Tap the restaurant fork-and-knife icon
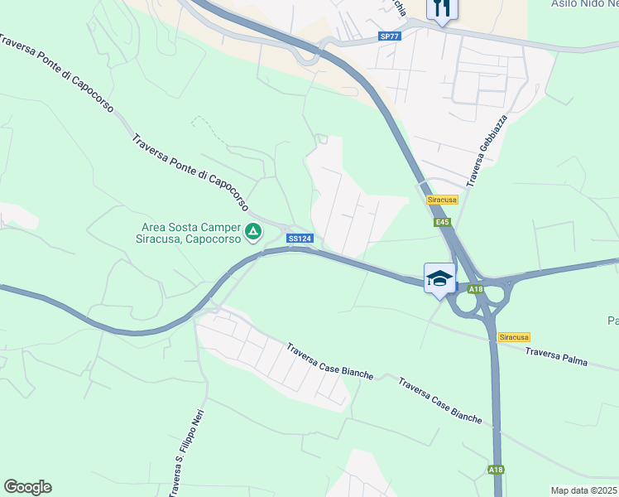(x=441, y=9)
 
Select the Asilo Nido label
(x=584, y=4)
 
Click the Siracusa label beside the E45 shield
(x=443, y=200)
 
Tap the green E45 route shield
(x=442, y=222)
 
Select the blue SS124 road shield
(x=299, y=239)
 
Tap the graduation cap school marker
(x=439, y=278)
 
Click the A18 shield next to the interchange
(x=475, y=289)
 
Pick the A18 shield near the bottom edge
(x=495, y=470)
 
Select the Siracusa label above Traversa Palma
(x=514, y=337)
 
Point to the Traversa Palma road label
(x=572, y=359)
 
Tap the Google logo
(x=27, y=486)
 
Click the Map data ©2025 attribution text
(x=583, y=490)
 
